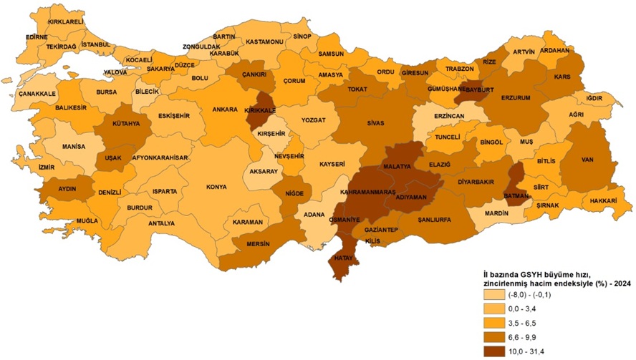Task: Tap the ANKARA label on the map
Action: click(224, 110)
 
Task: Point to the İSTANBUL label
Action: click(95, 44)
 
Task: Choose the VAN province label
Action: click(589, 160)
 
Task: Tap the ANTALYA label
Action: click(161, 223)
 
